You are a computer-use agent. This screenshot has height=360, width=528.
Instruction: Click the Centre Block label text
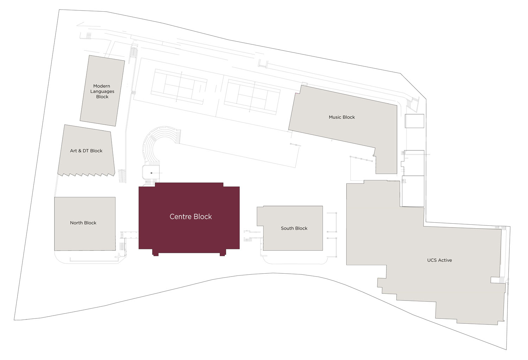click(190, 217)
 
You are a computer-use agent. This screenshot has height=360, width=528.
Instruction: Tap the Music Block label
click(341, 117)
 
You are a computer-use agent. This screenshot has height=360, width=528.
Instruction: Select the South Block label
click(294, 228)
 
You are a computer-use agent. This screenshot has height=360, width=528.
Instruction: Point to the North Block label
click(83, 223)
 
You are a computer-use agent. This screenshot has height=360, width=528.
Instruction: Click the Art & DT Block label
click(86, 150)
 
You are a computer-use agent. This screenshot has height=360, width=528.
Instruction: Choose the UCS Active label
click(439, 260)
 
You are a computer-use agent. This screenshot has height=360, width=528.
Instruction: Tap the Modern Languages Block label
click(102, 91)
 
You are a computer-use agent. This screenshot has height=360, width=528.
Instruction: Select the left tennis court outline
click(179, 87)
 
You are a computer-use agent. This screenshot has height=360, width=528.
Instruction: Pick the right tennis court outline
click(252, 97)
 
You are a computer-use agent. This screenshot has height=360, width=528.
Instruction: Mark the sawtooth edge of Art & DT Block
click(87, 174)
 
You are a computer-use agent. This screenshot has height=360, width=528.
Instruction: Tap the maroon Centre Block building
click(189, 219)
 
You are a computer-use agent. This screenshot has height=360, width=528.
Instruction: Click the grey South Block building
click(290, 228)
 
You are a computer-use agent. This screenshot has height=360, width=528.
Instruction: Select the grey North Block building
click(85, 224)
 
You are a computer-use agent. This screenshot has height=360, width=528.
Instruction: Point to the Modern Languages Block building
click(102, 91)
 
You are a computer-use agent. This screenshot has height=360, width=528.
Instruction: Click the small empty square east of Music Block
click(414, 121)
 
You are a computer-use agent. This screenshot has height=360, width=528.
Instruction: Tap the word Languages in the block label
click(102, 92)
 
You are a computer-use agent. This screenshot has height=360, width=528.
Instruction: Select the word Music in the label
click(335, 117)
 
